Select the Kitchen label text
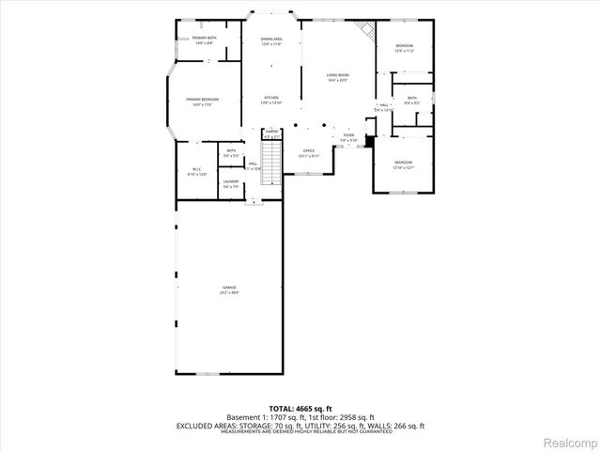[271, 99]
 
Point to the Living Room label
[337, 77]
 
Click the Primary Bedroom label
[202, 101]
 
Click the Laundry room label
[231, 184]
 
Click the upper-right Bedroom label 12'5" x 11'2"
[404, 48]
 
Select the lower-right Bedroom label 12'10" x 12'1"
[404, 164]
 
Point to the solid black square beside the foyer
[369, 141]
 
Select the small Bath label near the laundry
[231, 153]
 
